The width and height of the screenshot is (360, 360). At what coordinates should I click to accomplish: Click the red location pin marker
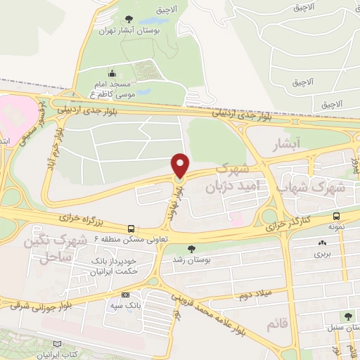pyautogui.click(x=181, y=165)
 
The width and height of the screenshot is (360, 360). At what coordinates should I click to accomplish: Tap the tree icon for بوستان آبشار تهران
pyautogui.click(x=127, y=18)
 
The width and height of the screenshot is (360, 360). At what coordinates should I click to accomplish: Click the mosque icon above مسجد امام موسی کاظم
pyautogui.click(x=112, y=72)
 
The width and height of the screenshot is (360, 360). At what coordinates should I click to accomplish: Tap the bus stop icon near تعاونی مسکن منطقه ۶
pyautogui.click(x=131, y=229)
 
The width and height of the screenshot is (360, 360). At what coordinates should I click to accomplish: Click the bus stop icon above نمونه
pyautogui.click(x=336, y=217)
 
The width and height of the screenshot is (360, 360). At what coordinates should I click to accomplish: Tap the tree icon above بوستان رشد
pyautogui.click(x=189, y=248)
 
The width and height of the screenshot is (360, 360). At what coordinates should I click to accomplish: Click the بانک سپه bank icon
pyautogui.click(x=126, y=295)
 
